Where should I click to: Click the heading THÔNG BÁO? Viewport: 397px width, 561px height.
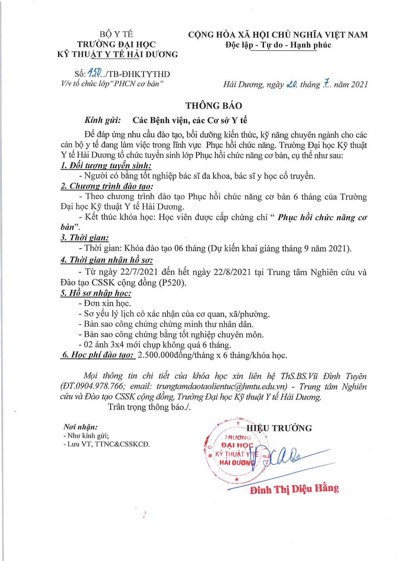pyautogui.click(x=214, y=106)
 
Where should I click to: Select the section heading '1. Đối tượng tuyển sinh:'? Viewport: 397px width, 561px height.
pyautogui.click(x=106, y=165)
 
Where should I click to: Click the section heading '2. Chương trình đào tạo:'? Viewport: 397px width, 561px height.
pyautogui.click(x=107, y=186)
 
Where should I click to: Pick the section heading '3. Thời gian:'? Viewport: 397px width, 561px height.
pyautogui.click(x=85, y=238)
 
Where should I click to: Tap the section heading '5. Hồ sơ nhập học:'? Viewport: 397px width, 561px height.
pyautogui.click(x=96, y=293)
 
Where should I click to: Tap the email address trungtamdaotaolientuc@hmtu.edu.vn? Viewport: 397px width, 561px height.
pyautogui.click(x=222, y=386)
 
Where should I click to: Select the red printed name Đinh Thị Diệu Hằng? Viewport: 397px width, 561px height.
pyautogui.click(x=294, y=489)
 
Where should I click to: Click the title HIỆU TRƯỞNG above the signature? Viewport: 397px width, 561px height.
pyautogui.click(x=279, y=428)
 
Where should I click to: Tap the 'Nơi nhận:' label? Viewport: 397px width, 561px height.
pyautogui.click(x=80, y=427)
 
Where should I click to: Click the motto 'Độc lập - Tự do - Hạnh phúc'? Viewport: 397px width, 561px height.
pyautogui.click(x=278, y=45)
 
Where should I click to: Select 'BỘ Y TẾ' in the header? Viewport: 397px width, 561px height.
pyautogui.click(x=116, y=34)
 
